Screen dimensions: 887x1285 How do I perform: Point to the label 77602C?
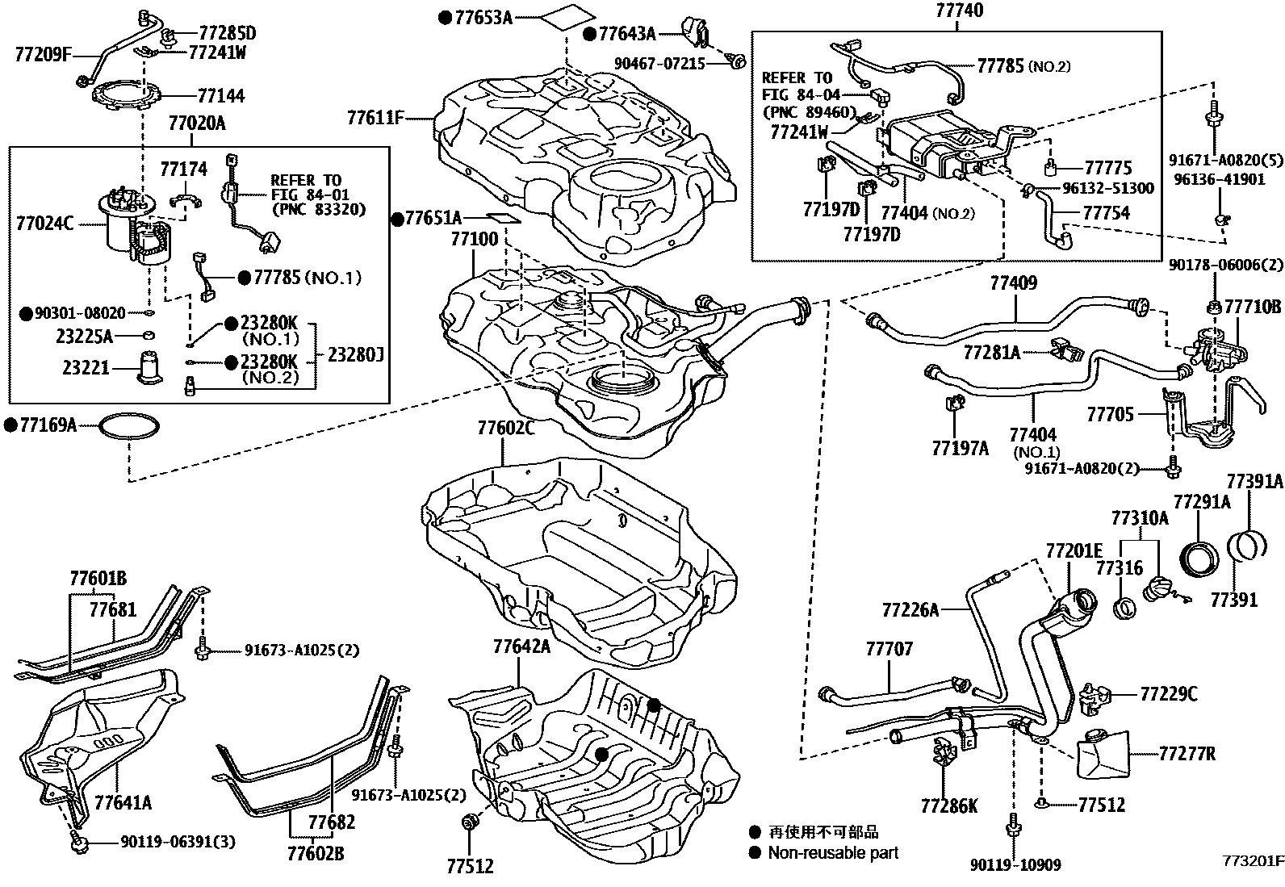[x=506, y=429]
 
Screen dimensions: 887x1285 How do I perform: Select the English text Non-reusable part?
[x=832, y=852]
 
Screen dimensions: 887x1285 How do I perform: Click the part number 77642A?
[x=521, y=646]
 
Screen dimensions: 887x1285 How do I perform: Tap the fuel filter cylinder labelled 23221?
[x=149, y=366]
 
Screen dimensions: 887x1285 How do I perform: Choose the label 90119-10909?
[x=1015, y=865]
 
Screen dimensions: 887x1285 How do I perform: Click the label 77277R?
[x=1187, y=755]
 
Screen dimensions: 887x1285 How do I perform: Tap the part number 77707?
[x=889, y=648]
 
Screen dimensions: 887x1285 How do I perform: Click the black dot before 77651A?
[x=397, y=219]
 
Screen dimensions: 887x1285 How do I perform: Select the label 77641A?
[x=123, y=802]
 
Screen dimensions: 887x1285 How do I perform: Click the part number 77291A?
[x=1202, y=502]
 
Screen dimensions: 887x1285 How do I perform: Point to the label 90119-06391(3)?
[x=178, y=843]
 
